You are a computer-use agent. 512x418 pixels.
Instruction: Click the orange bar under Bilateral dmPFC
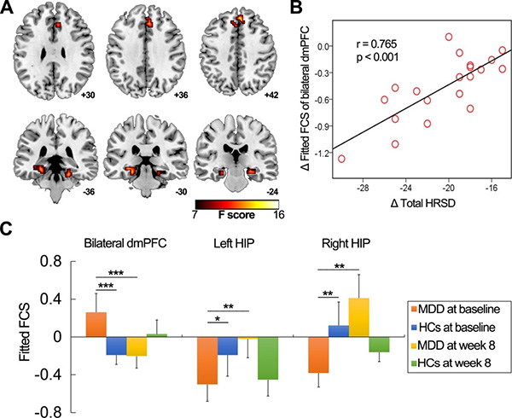point(96,324)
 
